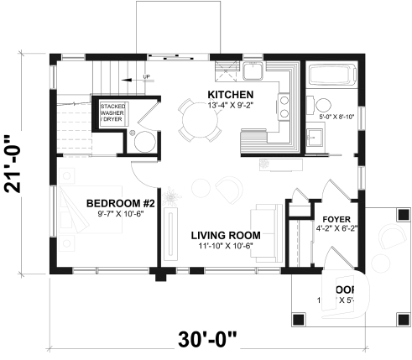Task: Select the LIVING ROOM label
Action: (224, 234)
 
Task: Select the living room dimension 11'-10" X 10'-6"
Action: (224, 246)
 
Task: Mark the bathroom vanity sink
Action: (317, 136)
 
